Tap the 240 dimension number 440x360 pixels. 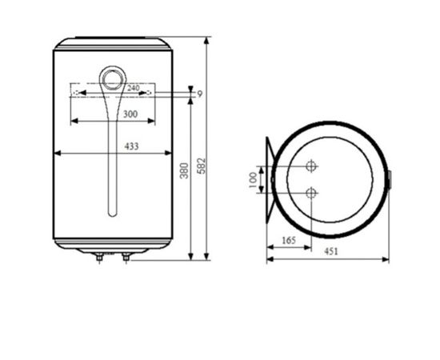pyautogui.click(x=134, y=87)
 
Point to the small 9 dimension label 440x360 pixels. pyautogui.click(x=199, y=94)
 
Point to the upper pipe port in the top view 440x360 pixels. pyautogui.click(x=312, y=166)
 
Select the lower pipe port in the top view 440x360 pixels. pyautogui.click(x=312, y=193)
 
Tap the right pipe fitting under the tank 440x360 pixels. pyautogui.click(x=126, y=257)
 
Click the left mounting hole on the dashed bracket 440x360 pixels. pyautogui.click(x=74, y=94)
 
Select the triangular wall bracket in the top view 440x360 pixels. pyautogui.click(x=270, y=179)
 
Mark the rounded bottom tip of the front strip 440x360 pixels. pyautogui.click(x=113, y=214)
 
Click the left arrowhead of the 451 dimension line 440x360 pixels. pyautogui.click(x=269, y=259)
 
